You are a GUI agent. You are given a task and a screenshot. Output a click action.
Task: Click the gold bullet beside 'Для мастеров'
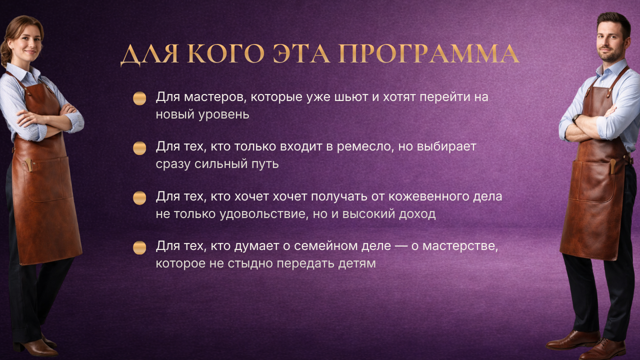click(139, 98)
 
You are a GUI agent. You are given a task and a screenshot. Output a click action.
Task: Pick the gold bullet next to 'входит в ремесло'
click(139, 148)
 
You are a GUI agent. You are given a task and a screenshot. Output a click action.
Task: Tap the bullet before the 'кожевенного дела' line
click(139, 198)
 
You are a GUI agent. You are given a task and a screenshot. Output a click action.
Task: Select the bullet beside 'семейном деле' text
click(139, 247)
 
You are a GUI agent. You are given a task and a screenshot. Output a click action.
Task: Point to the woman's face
click(24, 44)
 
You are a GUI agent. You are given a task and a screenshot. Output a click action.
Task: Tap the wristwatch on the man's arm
click(575, 118)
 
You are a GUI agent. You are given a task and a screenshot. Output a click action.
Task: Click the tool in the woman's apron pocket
click(29, 165)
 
